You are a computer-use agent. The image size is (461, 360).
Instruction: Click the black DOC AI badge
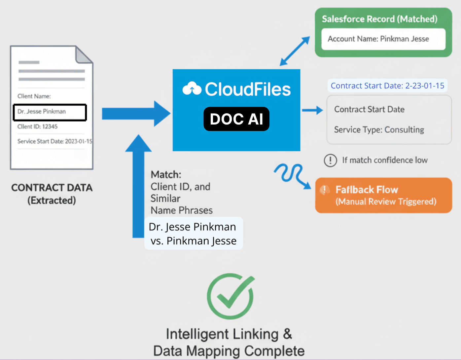coord(236,119)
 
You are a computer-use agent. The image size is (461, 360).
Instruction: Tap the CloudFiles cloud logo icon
coord(192,89)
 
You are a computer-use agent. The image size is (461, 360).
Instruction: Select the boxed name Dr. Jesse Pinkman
coord(50,112)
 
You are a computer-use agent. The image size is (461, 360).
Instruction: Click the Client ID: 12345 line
coord(37,126)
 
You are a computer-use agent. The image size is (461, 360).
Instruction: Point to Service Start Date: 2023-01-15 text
coord(55,141)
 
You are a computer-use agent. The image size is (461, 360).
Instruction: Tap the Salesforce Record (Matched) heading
coord(379,19)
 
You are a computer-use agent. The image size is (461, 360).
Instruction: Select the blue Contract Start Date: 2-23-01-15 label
coord(387,86)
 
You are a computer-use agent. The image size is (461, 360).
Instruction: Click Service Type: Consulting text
coord(379,130)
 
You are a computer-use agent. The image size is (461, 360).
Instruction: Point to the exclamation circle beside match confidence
coord(330,161)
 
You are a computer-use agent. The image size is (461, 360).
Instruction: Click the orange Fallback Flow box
coord(383,195)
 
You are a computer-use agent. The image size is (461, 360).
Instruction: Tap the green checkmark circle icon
coord(230,296)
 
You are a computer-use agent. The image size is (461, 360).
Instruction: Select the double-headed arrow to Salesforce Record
coord(295,51)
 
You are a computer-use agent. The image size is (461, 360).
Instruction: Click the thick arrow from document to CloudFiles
coord(136,114)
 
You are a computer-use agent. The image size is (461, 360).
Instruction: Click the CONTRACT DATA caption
coord(52,188)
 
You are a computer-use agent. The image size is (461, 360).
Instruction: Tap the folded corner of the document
coord(84,54)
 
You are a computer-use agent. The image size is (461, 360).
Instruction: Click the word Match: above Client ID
coord(166,174)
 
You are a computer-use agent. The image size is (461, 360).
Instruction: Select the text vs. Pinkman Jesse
coord(194,241)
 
